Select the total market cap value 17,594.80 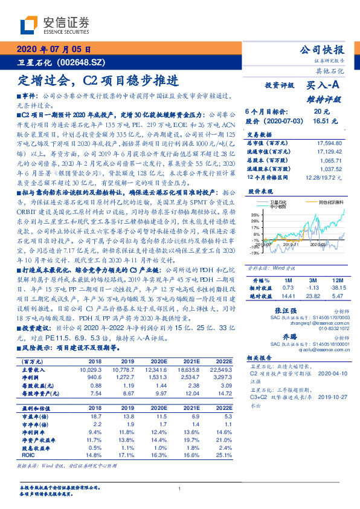(x=329, y=143)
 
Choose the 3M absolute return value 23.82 (x=312, y=296)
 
